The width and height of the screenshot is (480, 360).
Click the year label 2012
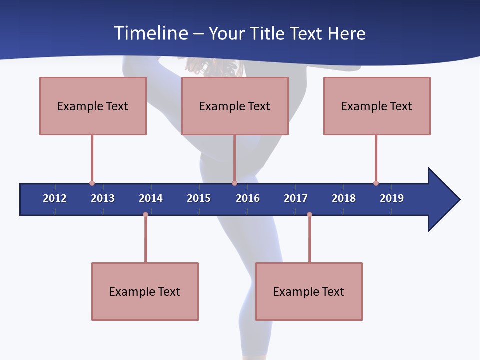coord(55,198)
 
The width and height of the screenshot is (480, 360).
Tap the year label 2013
coord(103,198)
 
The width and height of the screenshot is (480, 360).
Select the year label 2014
coord(151,198)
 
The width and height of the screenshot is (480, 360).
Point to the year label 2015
coord(199,198)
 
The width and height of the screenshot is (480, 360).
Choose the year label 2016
coord(248,198)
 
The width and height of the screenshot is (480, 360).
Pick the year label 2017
coord(296,198)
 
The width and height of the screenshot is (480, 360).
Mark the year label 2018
coord(344,198)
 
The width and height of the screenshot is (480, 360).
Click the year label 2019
coord(392,198)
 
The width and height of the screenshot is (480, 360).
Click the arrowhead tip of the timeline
coord(459,200)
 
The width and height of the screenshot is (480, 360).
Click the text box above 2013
coord(93,106)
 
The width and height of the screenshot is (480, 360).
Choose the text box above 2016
coord(235,106)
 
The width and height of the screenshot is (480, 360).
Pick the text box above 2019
coord(377,106)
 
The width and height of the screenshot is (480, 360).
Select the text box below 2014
coord(145,291)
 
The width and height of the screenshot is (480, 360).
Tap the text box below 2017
coord(309,291)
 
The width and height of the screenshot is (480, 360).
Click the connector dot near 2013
coord(92,183)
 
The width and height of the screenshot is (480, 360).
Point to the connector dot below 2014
coord(145,215)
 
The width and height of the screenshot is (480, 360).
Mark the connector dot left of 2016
coord(234,183)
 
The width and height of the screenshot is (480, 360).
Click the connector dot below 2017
coord(309,215)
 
